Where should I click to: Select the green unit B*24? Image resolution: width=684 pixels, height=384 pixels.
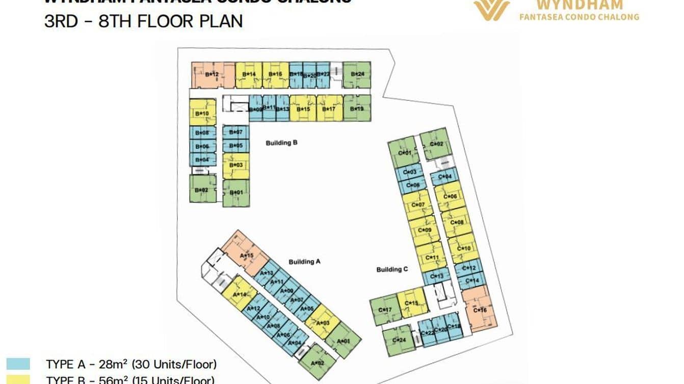[357, 74]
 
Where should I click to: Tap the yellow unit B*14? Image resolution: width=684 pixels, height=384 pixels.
[249, 75]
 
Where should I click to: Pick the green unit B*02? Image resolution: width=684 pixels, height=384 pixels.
[202, 189]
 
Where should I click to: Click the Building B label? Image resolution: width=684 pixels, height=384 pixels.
[281, 143]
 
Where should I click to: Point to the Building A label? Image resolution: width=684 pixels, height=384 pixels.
[304, 262]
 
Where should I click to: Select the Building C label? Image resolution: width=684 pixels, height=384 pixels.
[392, 269]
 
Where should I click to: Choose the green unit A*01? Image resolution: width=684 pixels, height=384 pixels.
[344, 340]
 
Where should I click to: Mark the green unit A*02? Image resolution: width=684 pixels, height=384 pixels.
[318, 362]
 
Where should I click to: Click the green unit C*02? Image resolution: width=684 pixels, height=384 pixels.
[436, 144]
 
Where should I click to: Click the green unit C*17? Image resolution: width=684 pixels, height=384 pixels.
[384, 310]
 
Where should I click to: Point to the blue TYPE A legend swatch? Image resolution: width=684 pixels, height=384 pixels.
[18, 364]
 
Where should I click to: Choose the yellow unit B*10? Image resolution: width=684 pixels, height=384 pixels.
[202, 113]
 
